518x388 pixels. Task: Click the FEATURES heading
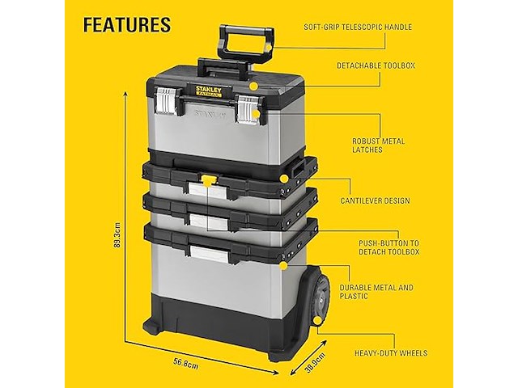(x=127, y=25)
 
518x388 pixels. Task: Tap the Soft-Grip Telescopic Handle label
(x=358, y=27)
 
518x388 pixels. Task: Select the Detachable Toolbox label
(x=376, y=65)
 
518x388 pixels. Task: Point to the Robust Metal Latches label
(x=378, y=145)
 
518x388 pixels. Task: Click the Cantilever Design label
(x=375, y=200)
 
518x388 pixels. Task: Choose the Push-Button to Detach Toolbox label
(x=388, y=247)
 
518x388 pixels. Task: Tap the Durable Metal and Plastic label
(x=376, y=292)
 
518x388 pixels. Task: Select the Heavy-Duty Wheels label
(x=391, y=353)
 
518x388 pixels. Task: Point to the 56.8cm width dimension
(x=186, y=365)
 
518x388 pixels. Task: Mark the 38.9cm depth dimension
(x=315, y=363)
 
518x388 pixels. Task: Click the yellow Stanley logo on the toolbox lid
(x=209, y=91)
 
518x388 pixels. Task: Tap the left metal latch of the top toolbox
(x=166, y=101)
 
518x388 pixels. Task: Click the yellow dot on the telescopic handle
(x=269, y=48)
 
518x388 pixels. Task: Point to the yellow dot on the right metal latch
(x=256, y=114)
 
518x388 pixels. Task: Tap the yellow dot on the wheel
(x=318, y=321)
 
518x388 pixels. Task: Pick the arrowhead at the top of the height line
(x=125, y=95)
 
